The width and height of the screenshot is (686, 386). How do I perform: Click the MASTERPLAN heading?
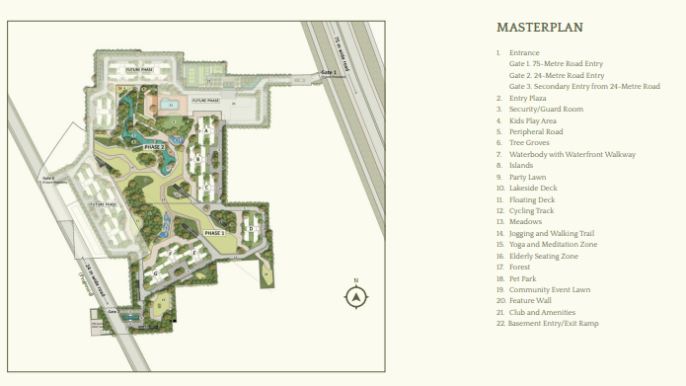point(538,28)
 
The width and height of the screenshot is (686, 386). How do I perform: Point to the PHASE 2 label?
point(154,146)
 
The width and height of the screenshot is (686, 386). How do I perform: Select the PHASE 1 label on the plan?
point(215,232)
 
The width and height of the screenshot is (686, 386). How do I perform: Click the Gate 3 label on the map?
point(48,179)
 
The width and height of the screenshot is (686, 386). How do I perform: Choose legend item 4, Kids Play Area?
point(532,120)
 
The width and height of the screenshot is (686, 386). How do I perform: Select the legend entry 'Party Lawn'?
point(528,177)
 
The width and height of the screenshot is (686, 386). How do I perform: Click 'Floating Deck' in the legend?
point(532,199)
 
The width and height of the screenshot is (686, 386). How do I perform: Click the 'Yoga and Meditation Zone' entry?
point(553,244)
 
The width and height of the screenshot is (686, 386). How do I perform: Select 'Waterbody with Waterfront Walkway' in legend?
point(572,154)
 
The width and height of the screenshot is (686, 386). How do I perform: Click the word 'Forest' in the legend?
point(520,267)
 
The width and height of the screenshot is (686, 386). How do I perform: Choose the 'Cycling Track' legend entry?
point(531,210)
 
